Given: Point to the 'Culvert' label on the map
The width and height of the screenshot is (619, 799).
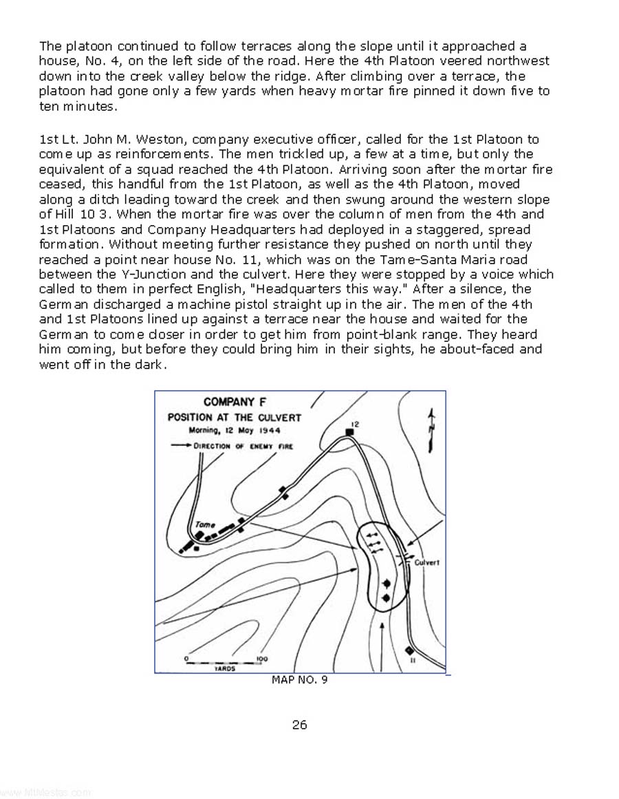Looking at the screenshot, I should [x=426, y=562].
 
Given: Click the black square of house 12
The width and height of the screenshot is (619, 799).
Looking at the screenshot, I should [x=350, y=432].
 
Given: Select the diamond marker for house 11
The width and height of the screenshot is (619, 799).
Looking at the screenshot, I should [x=409, y=650].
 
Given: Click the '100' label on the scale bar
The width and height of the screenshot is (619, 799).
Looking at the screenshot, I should [x=261, y=659].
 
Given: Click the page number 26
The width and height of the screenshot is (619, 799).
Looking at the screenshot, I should [x=299, y=724].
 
